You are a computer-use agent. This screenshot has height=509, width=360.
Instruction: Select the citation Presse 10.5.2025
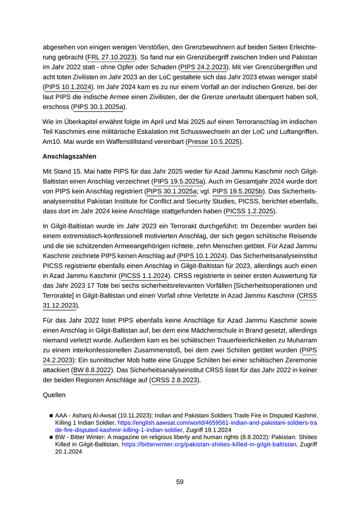[214, 141]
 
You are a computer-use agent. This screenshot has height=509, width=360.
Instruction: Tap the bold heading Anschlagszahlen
[69, 156]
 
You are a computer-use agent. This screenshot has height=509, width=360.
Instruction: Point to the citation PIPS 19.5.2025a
[179, 181]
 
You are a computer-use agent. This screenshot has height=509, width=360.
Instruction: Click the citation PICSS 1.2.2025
[250, 211]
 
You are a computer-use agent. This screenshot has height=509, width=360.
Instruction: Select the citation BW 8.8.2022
[92, 370]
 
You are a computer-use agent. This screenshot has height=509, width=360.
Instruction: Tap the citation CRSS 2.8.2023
[174, 380]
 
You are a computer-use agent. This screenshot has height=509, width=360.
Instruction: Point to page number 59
[179, 482]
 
